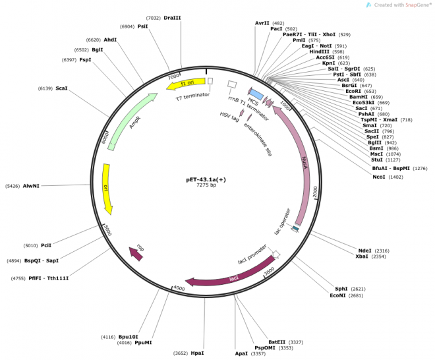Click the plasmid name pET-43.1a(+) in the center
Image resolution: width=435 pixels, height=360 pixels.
click(x=206, y=179)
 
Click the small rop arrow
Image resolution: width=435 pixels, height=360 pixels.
click(x=136, y=252)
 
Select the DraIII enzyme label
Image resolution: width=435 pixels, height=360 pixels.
click(x=172, y=18)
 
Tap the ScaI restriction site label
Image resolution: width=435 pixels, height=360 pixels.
click(x=61, y=88)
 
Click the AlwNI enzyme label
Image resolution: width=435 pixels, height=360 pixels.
click(x=31, y=186)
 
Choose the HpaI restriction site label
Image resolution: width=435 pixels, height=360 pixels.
click(x=198, y=353)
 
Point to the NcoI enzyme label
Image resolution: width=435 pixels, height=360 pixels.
click(x=379, y=177)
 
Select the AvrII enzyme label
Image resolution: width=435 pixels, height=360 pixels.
click(x=262, y=23)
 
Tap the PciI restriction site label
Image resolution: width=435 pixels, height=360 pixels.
click(x=46, y=245)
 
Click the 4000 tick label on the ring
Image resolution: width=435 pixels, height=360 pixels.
click(x=179, y=289)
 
